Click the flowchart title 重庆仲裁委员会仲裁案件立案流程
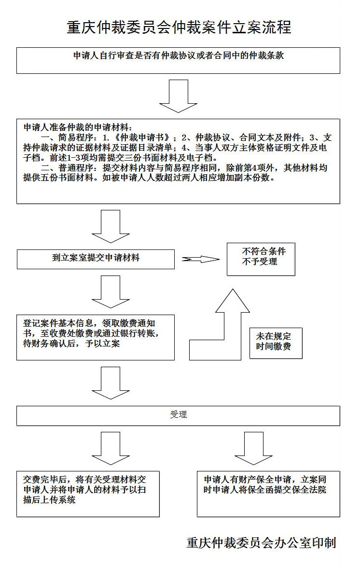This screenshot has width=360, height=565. pos(179,27)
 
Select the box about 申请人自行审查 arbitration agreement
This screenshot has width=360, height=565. pos(178,60)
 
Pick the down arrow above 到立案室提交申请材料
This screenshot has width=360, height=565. pos(111,226)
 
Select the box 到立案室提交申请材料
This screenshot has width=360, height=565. pos(96,259)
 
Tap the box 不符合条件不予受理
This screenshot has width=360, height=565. pos(261,258)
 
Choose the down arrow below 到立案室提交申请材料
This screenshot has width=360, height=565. pos(111,291)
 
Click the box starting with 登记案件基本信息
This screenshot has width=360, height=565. pos(96,337)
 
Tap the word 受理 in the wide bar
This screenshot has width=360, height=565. pos(178,415)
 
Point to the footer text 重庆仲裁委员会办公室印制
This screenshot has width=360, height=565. pos(261,542)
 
